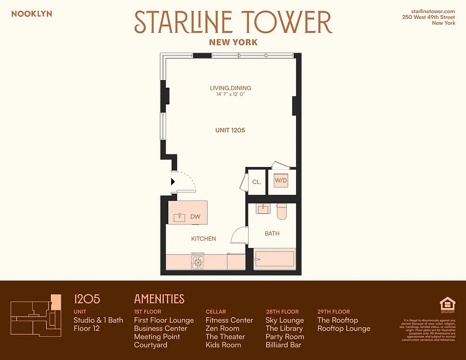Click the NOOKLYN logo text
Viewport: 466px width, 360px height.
[32, 14]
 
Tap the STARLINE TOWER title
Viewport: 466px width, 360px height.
[233, 22]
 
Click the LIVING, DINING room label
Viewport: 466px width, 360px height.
[231, 88]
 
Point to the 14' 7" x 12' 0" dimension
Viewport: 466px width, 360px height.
[231, 94]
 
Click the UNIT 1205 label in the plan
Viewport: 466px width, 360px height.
[230, 130]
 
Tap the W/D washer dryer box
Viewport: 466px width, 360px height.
[281, 181]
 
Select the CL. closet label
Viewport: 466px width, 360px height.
[257, 182]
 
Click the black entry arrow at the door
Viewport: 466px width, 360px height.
[173, 182]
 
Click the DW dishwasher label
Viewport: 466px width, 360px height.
[195, 217]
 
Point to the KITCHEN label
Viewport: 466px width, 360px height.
[204, 238]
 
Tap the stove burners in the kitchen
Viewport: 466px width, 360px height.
[198, 262]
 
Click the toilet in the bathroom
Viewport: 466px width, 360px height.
[282, 211]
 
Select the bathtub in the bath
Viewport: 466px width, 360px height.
[275, 259]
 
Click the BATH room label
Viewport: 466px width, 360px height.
[272, 233]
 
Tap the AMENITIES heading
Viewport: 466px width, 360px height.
[159, 299]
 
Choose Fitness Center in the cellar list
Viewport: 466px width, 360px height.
[229, 320]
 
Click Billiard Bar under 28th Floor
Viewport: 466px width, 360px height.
[283, 345]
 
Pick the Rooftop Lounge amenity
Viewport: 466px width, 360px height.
[344, 328]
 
